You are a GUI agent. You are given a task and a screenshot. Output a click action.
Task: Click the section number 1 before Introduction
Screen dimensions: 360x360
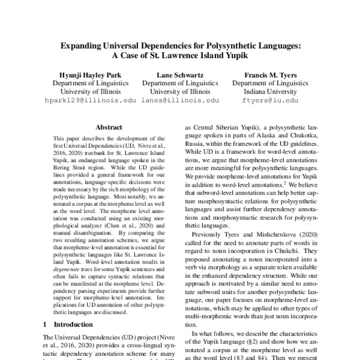click(x=46, y=325)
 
